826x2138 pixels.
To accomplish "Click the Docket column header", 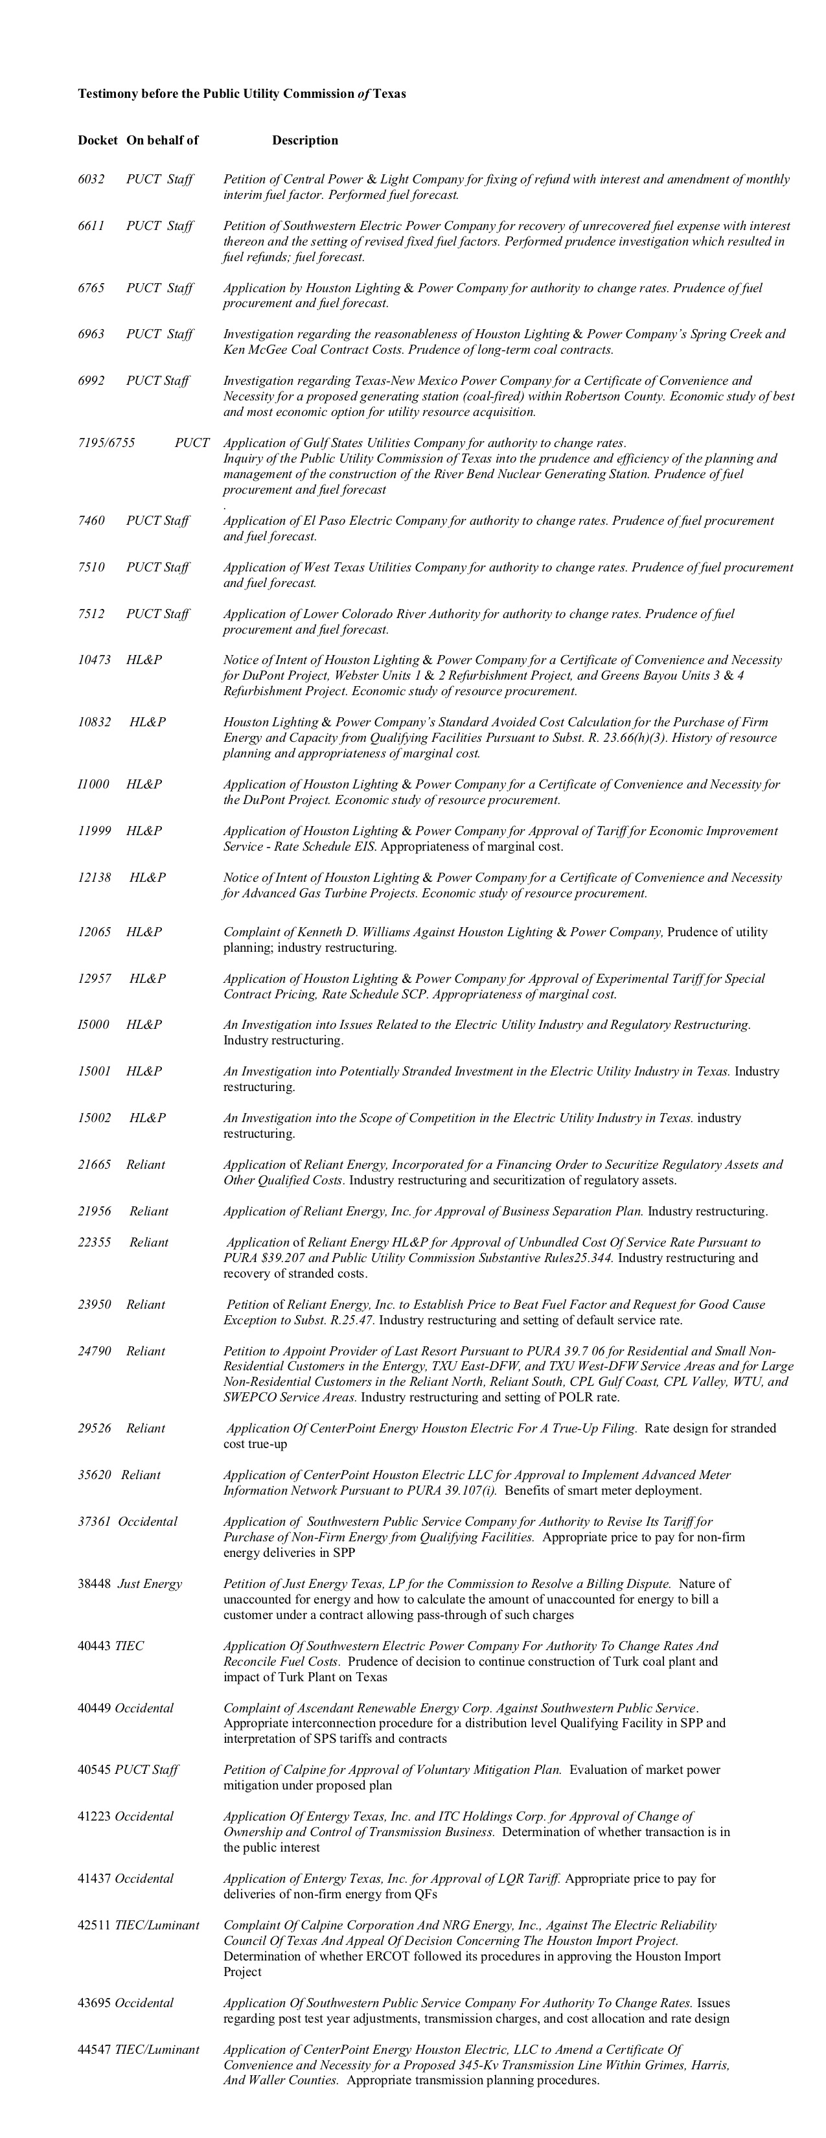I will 98,140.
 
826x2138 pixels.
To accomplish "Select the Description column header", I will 304,140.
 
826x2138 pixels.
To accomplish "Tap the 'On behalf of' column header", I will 163,140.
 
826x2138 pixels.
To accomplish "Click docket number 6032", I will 91,179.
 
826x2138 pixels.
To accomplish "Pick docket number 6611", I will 91,225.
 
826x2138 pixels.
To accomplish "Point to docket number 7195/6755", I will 106,443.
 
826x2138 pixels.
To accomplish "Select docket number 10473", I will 95,660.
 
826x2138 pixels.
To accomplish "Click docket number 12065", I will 95,932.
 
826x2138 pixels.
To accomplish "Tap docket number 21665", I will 95,1164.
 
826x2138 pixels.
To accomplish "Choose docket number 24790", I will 95,1351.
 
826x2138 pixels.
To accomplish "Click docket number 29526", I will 95,1429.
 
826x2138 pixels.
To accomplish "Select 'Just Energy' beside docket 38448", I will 150,1583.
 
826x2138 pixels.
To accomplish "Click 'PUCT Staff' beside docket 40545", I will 146,1769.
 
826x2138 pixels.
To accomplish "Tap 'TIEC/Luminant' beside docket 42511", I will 157,1925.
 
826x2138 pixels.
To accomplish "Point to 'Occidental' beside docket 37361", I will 148,1521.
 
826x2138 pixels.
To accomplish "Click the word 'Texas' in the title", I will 389,94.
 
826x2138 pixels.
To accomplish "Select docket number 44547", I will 95,2050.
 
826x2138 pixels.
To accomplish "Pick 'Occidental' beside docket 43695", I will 144,2003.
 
